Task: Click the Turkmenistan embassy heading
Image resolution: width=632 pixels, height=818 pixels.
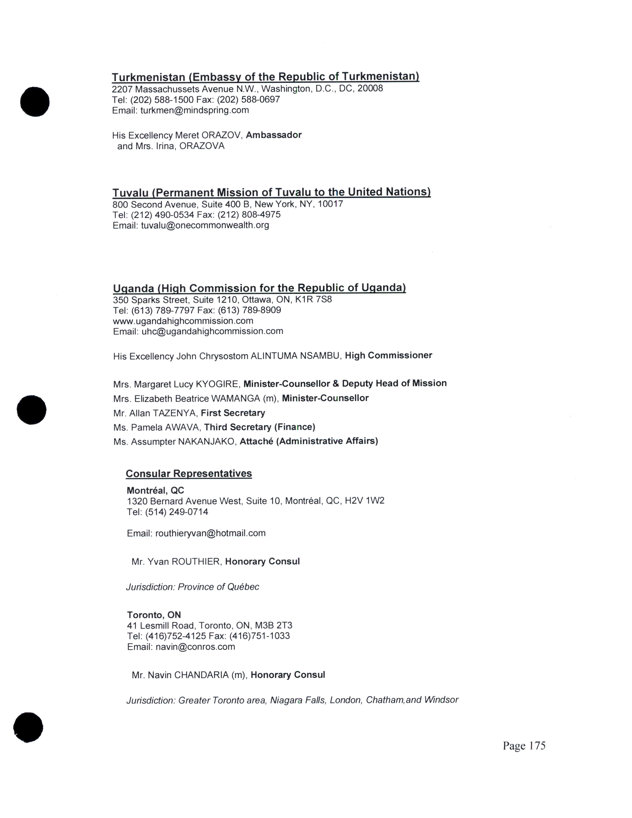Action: click(265, 77)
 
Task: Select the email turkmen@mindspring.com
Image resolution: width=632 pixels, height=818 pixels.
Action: click(194, 111)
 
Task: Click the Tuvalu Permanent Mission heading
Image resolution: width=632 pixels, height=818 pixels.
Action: click(271, 192)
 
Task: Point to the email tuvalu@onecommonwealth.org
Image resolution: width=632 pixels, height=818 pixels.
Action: click(205, 226)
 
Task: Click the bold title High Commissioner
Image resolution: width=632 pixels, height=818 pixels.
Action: click(388, 355)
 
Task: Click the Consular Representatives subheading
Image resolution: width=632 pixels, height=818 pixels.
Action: click(189, 473)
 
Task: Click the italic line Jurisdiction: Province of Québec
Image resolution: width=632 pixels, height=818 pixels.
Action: click(192, 587)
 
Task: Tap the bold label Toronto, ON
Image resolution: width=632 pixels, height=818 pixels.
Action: click(154, 615)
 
